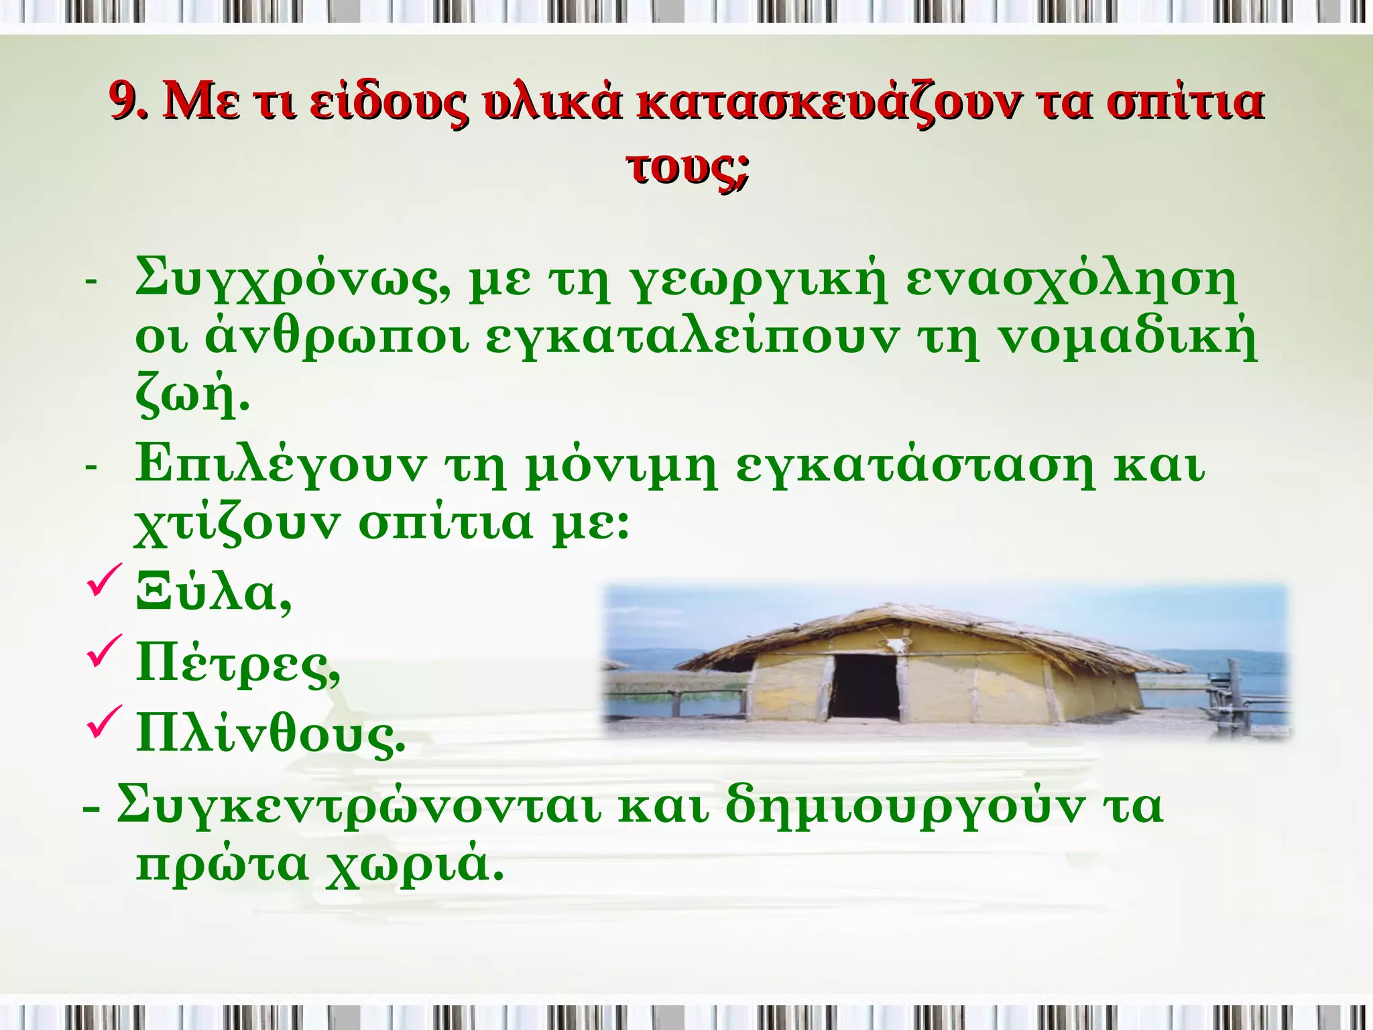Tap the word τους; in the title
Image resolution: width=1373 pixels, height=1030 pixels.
coord(687,168)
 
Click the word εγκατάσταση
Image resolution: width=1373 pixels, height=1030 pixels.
coord(914,464)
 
